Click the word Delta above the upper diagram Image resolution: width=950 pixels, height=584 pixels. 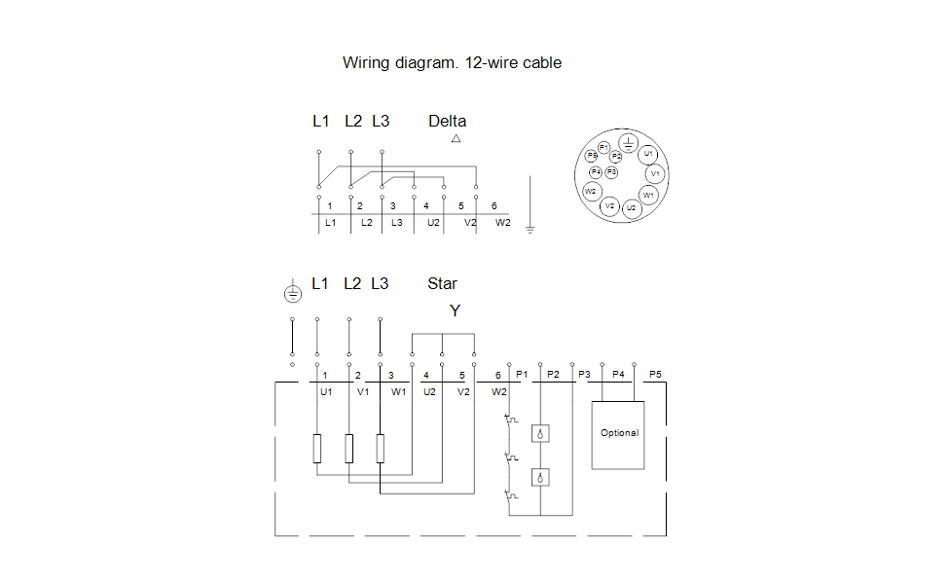tap(447, 122)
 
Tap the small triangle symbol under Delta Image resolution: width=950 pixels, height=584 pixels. tap(456, 139)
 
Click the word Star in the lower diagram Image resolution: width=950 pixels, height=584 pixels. tap(442, 284)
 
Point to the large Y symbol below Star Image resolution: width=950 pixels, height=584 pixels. tap(455, 310)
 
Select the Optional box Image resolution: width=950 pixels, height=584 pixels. tap(619, 434)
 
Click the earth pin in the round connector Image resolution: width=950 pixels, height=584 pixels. tap(628, 144)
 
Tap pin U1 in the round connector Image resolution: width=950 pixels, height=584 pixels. tap(649, 154)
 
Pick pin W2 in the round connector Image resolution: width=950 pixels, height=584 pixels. tap(591, 191)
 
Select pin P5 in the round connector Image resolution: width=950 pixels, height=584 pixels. tap(592, 156)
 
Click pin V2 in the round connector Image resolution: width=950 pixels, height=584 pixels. tap(609, 205)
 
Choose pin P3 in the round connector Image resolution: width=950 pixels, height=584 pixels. tap(611, 171)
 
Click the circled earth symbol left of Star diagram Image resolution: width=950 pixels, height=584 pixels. tap(292, 292)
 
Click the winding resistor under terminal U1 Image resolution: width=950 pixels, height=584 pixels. tap(316, 448)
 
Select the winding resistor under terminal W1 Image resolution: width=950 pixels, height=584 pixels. tap(381, 448)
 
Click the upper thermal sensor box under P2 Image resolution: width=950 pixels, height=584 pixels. tap(540, 433)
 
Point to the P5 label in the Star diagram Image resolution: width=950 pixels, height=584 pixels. tap(655, 374)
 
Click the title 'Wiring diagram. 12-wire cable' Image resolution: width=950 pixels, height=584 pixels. tap(452, 63)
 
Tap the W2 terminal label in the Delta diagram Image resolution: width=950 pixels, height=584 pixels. tap(502, 223)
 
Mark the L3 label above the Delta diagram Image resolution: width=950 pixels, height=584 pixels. tap(381, 122)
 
